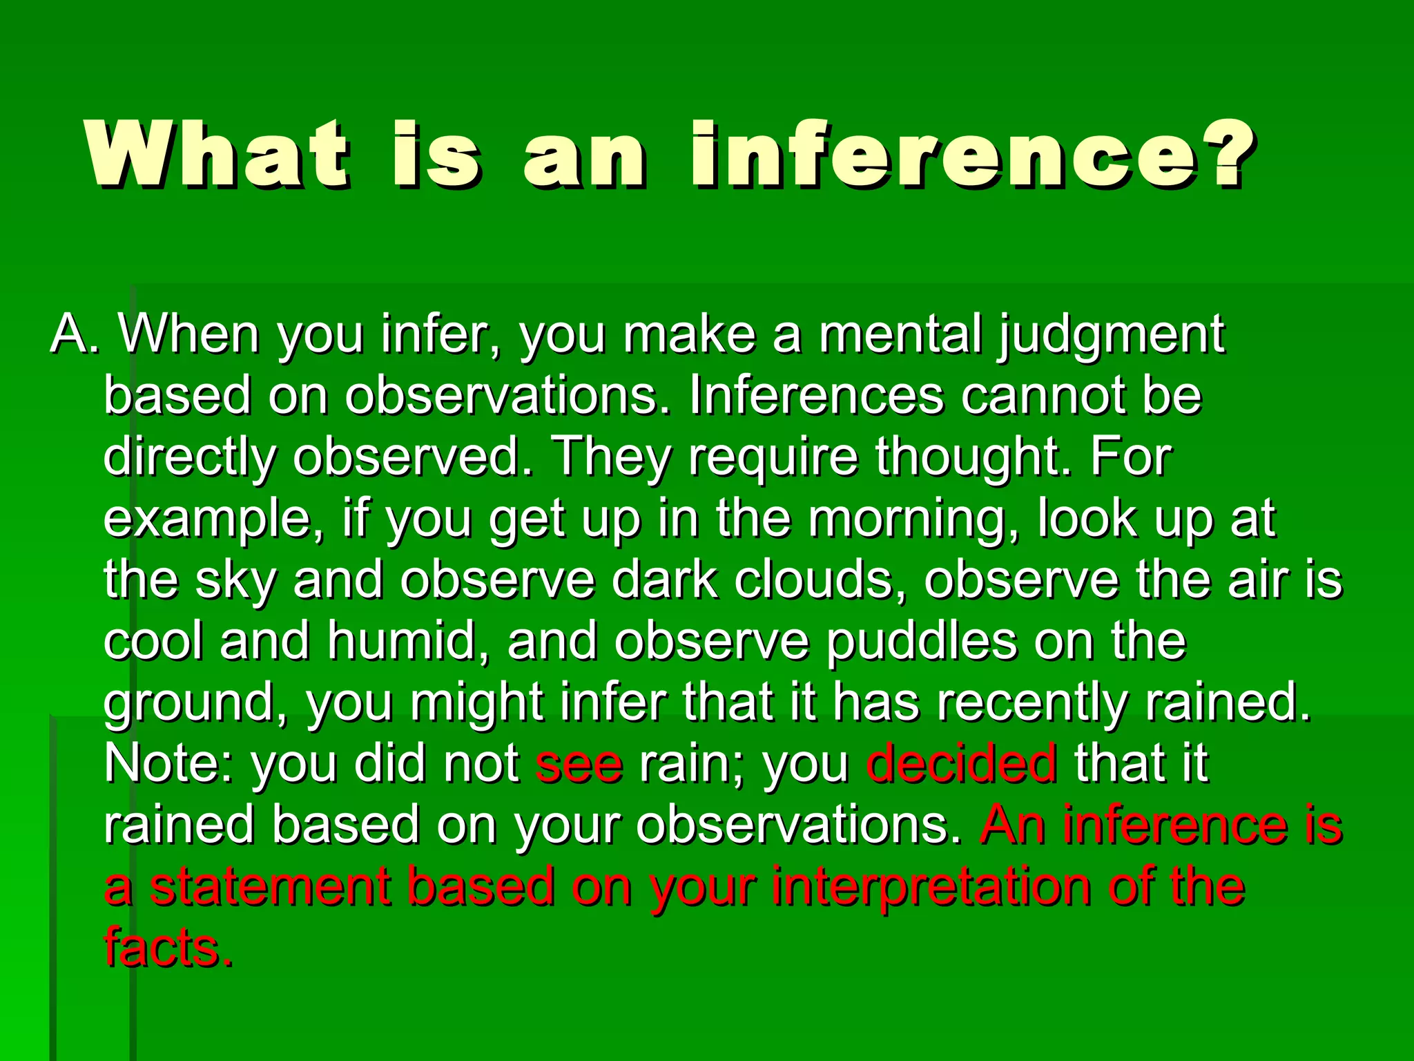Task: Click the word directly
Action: pyautogui.click(x=189, y=458)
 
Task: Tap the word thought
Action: pyautogui.click(x=973, y=458)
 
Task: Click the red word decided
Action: pyautogui.click(x=960, y=764)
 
